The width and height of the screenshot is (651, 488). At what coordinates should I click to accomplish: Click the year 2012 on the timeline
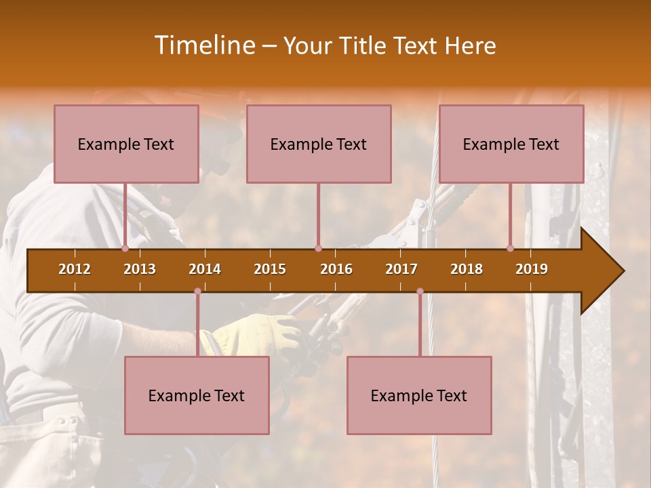75,269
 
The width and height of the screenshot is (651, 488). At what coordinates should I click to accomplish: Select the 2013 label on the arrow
140,269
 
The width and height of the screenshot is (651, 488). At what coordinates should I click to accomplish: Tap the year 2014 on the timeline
205,269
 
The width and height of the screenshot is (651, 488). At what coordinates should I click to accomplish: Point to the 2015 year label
270,269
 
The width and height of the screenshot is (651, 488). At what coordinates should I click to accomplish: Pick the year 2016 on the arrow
336,269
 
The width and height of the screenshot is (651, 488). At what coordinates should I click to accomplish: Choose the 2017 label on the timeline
401,269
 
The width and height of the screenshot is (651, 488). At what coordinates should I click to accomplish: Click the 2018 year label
467,269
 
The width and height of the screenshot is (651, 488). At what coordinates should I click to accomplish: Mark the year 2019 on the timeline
532,269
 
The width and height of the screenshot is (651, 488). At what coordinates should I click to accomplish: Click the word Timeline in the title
203,45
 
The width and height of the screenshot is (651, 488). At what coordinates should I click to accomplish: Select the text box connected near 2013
126,144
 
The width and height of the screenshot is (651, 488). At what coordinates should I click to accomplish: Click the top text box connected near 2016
319,144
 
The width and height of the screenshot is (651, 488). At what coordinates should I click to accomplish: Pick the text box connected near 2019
511,144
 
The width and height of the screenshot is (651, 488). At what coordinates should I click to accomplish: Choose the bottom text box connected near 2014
197,395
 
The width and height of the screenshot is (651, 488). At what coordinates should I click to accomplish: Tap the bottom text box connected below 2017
419,395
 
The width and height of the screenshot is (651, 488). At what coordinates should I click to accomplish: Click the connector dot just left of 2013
125,249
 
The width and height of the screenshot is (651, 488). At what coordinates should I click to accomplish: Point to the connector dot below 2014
197,291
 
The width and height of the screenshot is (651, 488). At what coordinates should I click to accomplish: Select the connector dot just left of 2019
510,249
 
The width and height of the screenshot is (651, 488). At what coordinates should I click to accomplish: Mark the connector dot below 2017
420,291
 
